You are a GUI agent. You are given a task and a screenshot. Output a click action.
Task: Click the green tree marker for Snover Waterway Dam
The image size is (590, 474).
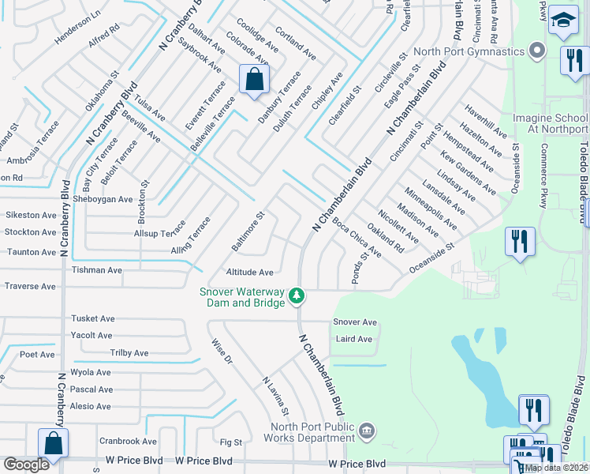pyautogui.click(x=297, y=296)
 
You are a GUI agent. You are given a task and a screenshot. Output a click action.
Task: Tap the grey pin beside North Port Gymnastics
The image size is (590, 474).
pyautogui.click(x=538, y=51)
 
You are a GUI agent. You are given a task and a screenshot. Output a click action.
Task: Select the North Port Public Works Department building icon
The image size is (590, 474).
pyautogui.click(x=366, y=431)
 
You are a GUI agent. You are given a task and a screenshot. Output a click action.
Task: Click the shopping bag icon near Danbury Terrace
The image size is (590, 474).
pyautogui.click(x=254, y=79)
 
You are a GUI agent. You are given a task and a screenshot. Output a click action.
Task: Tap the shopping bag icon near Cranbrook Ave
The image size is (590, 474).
pyautogui.click(x=53, y=443)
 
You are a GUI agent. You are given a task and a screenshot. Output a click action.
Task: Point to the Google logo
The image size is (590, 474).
pyautogui.click(x=27, y=464)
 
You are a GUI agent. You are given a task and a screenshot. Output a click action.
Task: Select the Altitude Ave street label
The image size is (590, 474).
pyautogui.click(x=249, y=272)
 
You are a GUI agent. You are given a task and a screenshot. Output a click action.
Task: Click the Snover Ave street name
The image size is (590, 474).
pyautogui.click(x=355, y=322)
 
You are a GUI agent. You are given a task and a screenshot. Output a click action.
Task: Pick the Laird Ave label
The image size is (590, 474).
pyautogui.click(x=353, y=339)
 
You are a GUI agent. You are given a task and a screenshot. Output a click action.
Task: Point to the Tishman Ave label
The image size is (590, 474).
pyautogui.click(x=97, y=270)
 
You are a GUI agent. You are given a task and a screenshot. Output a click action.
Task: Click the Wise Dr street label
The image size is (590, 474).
pyautogui.click(x=222, y=352)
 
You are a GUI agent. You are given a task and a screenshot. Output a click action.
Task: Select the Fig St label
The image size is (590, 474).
pyautogui.click(x=230, y=442)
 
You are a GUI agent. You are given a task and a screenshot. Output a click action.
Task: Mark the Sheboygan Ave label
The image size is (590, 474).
pyautogui.click(x=103, y=199)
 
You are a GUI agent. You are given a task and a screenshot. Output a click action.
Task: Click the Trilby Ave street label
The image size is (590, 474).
pyautogui.click(x=129, y=353)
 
